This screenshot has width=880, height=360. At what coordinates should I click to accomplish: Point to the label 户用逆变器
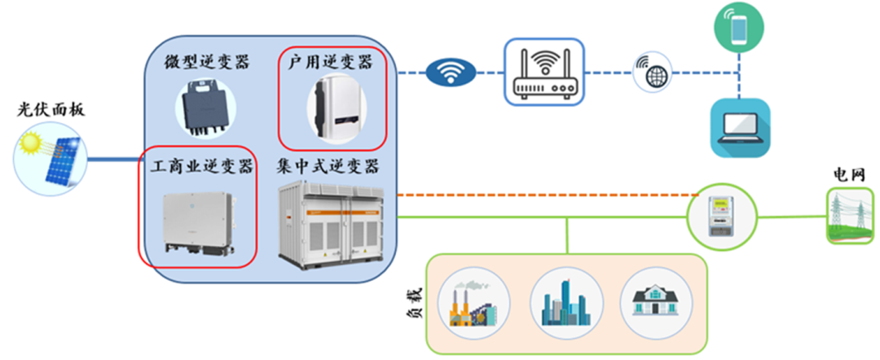[331, 62]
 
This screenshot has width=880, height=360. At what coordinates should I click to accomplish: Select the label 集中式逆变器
[328, 166]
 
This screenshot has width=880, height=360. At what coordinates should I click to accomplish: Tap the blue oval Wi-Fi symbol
[451, 73]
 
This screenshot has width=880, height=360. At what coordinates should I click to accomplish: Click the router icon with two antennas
[543, 72]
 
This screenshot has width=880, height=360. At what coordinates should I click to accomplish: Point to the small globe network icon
[653, 71]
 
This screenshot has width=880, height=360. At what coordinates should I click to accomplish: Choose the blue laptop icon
[740, 127]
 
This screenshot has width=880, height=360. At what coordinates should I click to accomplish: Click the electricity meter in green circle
[722, 216]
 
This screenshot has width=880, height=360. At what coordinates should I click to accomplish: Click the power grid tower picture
[850, 215]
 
